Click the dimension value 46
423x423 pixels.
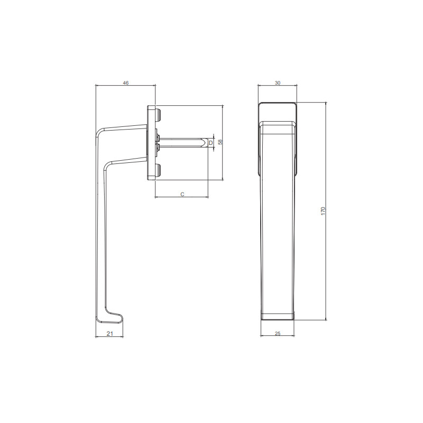tap(126, 83)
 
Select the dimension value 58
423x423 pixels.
tap(220, 142)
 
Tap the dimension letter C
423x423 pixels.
tap(182, 194)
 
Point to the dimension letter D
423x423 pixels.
tap(210, 143)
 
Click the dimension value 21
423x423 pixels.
tap(109, 334)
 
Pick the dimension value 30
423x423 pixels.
tap(278, 83)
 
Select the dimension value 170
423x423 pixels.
tap(324, 211)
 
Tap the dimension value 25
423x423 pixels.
tap(278, 334)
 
